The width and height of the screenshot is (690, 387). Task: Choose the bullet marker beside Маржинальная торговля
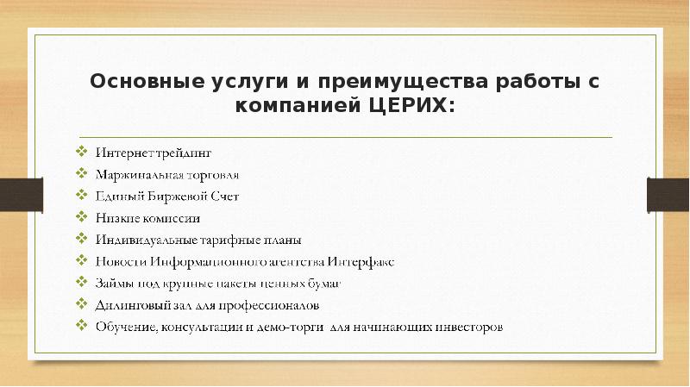80,174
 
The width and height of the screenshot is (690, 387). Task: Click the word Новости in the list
118,261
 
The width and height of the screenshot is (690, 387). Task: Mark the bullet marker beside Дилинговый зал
80,303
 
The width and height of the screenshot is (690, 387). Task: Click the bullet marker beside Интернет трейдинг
80,153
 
